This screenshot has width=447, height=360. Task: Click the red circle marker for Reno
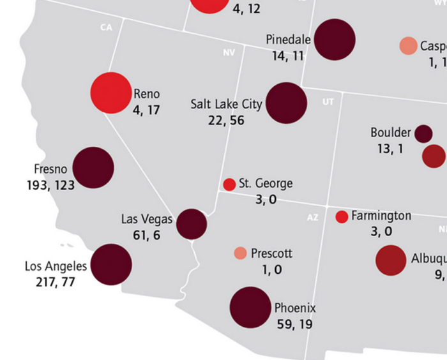[111, 93]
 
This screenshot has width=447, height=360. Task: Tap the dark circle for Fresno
[93, 168]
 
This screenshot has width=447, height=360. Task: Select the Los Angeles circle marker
[111, 264]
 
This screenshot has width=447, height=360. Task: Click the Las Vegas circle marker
[192, 224]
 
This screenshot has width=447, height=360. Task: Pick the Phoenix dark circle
[250, 308]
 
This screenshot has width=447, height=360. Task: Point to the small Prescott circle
[240, 253]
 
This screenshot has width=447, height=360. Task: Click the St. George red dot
[229, 184]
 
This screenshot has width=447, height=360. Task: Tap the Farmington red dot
[342, 216]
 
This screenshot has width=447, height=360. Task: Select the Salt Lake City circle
[286, 103]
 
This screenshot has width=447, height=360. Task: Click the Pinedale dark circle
[335, 40]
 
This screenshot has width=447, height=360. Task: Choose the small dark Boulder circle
[423, 133]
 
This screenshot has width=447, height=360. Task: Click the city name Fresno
[50, 169]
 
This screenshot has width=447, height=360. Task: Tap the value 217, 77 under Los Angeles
[56, 281]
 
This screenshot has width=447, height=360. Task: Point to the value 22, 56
[226, 120]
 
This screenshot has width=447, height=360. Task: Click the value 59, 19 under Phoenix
[294, 324]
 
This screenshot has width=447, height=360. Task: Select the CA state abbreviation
[106, 27]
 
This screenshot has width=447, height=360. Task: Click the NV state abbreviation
[229, 52]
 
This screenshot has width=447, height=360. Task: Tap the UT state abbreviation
[328, 101]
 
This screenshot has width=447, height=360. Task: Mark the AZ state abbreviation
[312, 218]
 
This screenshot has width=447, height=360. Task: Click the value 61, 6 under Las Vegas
[146, 236]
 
